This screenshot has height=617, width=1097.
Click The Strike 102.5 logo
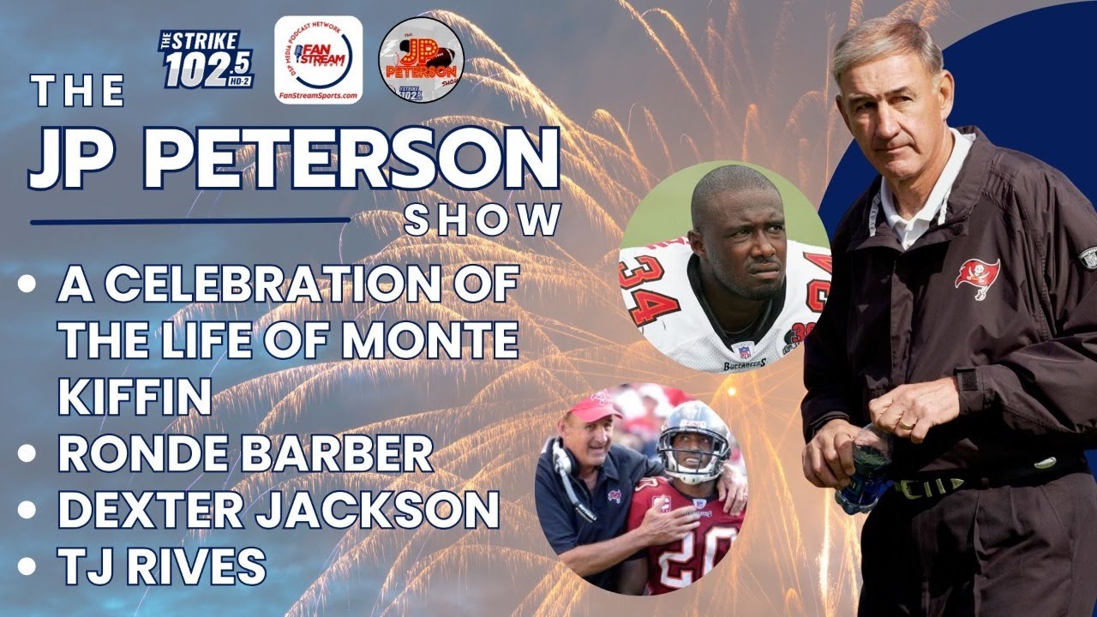[x=206, y=60]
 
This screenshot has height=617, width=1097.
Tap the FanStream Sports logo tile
[x=318, y=59]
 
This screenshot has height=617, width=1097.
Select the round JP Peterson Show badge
[x=422, y=60]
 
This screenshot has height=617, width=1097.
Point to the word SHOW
[x=482, y=219]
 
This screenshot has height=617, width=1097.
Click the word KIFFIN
[x=135, y=396]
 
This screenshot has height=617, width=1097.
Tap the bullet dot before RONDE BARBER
[x=28, y=454]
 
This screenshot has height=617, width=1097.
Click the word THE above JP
[x=78, y=93]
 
